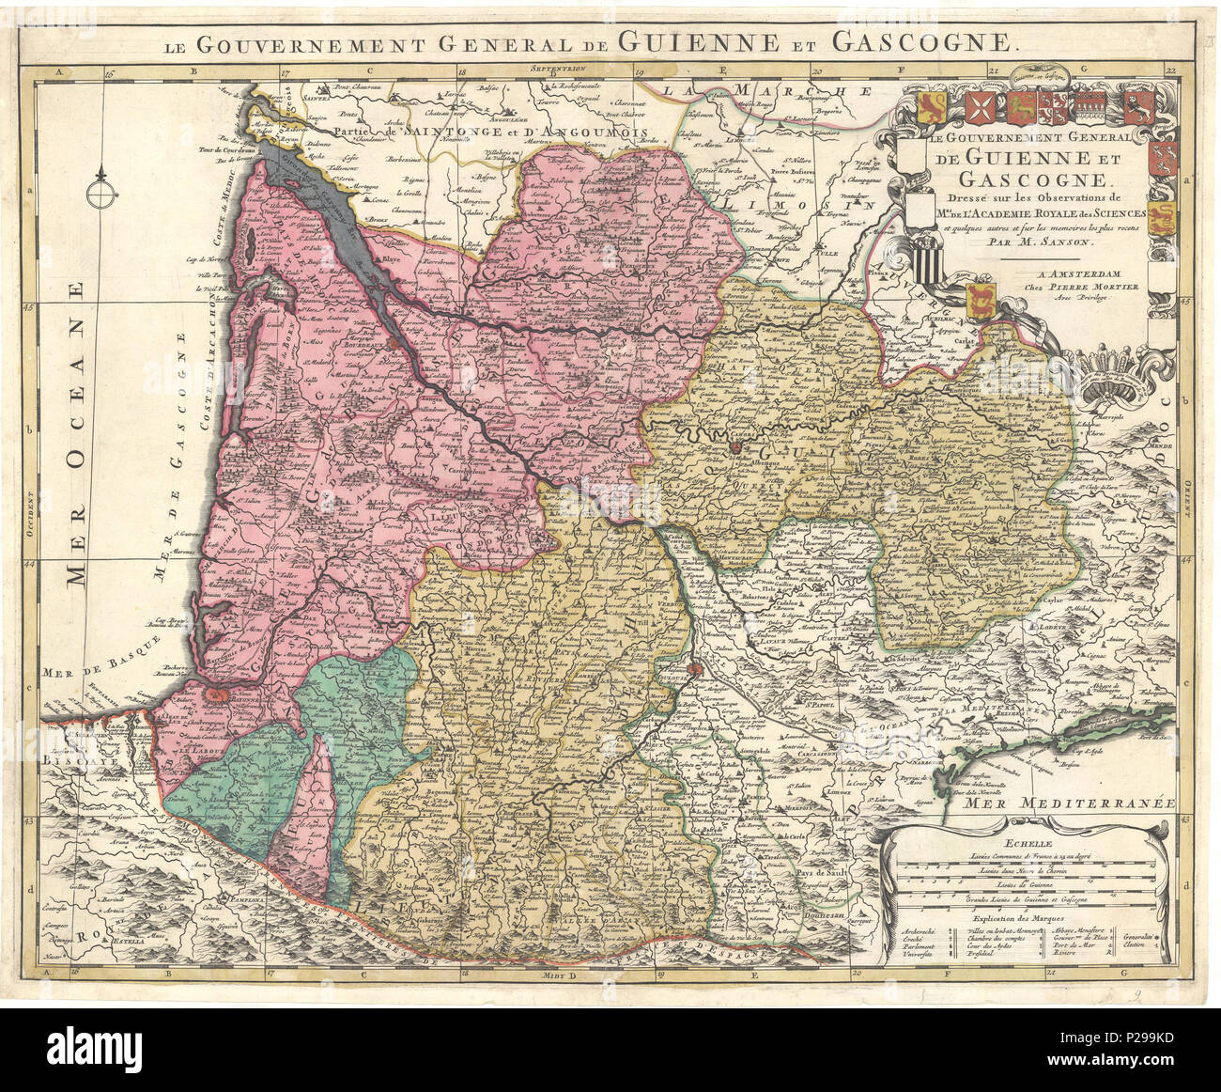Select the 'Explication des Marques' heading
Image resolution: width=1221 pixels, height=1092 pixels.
click(x=1025, y=920)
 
